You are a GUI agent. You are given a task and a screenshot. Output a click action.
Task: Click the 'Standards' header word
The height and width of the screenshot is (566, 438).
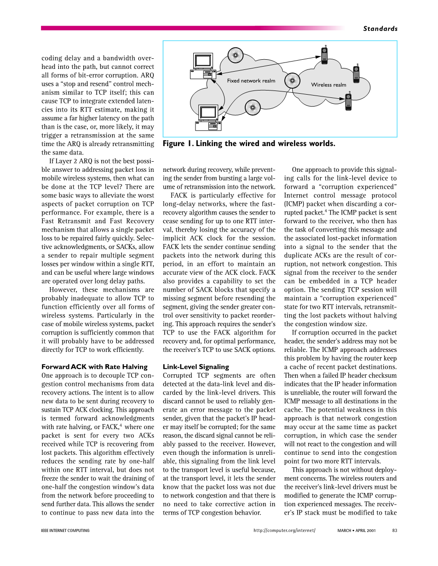point(380,28)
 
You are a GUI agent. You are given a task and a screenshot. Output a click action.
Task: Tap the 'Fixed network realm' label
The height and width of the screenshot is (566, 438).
point(251,81)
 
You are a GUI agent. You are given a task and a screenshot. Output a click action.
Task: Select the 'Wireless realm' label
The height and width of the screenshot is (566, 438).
point(328,85)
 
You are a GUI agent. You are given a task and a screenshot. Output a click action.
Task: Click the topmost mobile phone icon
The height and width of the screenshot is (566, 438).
point(325,55)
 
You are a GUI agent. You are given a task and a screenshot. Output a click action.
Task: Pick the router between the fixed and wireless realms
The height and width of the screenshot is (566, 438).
point(291,80)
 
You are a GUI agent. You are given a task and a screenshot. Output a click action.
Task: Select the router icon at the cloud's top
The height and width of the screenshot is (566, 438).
point(236,55)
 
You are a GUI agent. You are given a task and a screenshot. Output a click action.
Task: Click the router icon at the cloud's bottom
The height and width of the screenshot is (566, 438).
point(252,108)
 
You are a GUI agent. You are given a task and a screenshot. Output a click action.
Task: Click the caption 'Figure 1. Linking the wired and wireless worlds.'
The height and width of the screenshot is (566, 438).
point(249,144)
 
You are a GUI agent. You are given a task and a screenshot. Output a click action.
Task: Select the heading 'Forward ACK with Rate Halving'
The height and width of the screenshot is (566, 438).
point(94,367)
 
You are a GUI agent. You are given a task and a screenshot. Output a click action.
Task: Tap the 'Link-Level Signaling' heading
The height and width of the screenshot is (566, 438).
point(196,367)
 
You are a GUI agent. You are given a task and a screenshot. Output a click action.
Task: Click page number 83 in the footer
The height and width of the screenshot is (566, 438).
point(394,531)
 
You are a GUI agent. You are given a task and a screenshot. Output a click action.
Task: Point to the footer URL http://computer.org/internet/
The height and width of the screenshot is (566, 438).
point(284,531)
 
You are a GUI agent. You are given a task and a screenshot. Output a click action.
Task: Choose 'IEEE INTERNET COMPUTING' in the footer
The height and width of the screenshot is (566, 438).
point(65,531)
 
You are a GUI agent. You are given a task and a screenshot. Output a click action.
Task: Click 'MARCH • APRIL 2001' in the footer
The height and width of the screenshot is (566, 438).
point(356,531)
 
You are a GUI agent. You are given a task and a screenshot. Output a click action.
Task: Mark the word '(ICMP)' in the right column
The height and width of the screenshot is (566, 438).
point(295,204)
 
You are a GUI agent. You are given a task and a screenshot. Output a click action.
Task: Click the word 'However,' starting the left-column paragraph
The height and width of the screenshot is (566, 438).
point(63,290)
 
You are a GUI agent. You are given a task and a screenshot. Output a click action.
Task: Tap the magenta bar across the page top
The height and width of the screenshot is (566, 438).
point(184,28)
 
